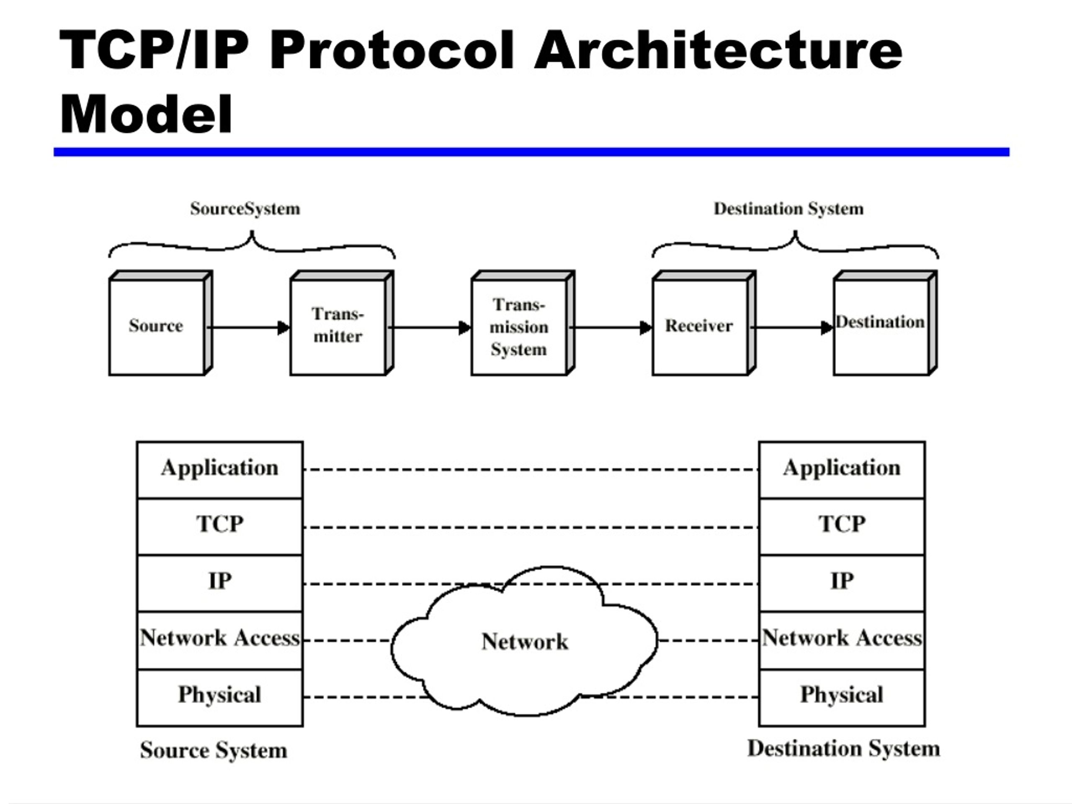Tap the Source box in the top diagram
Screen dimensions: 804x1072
click(157, 326)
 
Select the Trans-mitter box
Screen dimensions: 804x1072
click(338, 326)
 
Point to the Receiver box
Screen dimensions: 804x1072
click(699, 326)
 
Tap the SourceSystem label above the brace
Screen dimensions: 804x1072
click(245, 209)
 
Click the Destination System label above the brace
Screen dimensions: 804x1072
click(789, 209)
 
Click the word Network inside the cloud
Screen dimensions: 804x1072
click(525, 642)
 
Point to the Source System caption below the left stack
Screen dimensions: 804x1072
click(214, 751)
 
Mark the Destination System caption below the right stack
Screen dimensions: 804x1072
click(844, 749)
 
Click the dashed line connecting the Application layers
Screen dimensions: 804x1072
click(531, 469)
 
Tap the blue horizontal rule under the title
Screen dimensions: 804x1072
click(531, 152)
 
